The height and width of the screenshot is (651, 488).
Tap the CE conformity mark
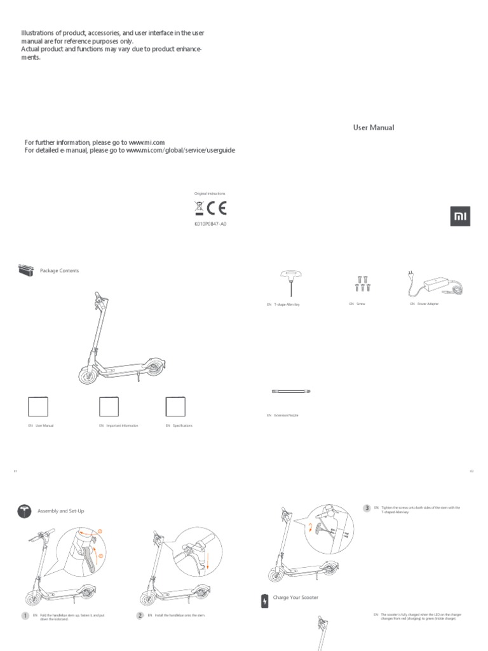217,208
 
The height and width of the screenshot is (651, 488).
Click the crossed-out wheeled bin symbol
199,208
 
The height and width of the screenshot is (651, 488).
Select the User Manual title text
374,127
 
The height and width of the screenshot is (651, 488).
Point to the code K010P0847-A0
209,224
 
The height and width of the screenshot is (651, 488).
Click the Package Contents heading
60,271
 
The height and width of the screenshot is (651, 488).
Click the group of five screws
363,283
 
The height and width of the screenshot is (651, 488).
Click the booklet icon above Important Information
110,406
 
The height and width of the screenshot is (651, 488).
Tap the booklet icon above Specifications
175,406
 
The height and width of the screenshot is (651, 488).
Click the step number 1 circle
25,616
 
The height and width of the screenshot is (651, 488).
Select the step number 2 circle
140,616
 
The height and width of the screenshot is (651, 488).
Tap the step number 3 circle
367,508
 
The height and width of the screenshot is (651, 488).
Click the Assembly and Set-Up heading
61,511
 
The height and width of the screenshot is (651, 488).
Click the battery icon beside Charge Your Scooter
264,601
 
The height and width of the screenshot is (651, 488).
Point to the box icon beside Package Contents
25,271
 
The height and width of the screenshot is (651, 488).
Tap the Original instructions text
209,193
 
